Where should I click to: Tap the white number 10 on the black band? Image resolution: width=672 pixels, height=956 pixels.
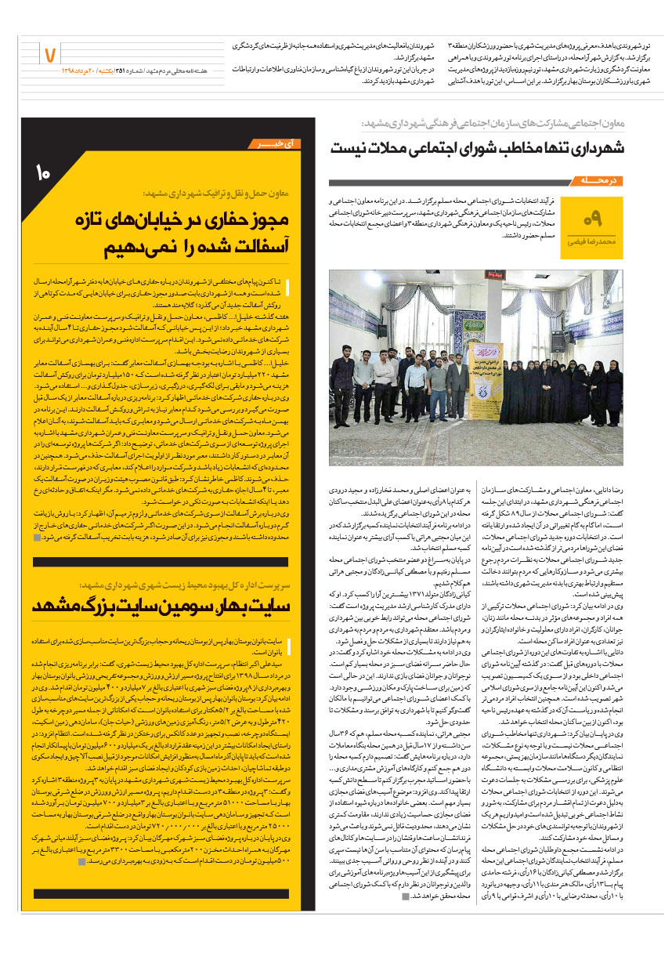pyautogui.click(x=44, y=172)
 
